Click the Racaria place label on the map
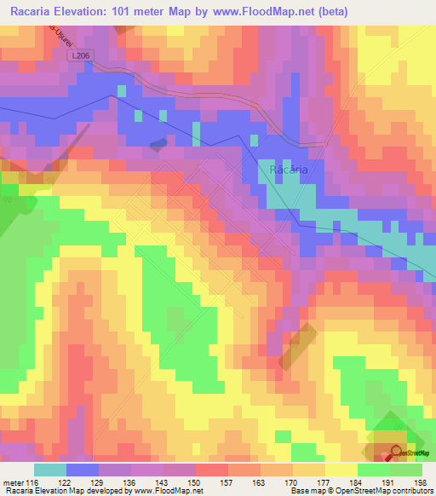point(288,170)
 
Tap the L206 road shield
point(79,55)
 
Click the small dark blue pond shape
point(159,142)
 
